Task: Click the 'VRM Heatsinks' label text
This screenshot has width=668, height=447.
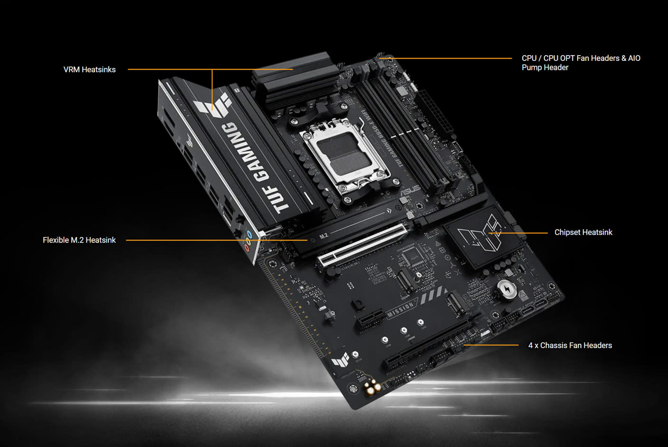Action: pyautogui.click(x=89, y=69)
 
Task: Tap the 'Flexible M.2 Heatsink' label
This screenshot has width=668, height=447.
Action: pyautogui.click(x=79, y=240)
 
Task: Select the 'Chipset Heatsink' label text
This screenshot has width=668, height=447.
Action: pyautogui.click(x=583, y=232)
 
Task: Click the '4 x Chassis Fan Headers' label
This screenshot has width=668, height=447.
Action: pyautogui.click(x=570, y=345)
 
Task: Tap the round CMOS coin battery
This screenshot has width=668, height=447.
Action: pyautogui.click(x=506, y=289)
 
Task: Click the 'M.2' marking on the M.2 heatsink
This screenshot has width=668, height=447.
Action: pyautogui.click(x=324, y=236)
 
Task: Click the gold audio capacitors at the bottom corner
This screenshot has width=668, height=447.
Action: pyautogui.click(x=373, y=387)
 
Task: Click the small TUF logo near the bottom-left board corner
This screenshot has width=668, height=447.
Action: pyautogui.click(x=341, y=360)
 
